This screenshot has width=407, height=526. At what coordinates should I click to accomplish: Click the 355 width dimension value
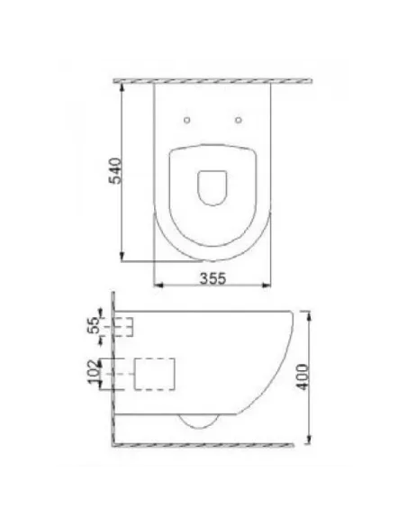pos(210,278)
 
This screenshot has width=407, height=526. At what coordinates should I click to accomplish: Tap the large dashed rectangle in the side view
pos(153,375)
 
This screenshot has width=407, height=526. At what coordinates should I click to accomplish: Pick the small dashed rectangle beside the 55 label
pos(124,327)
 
